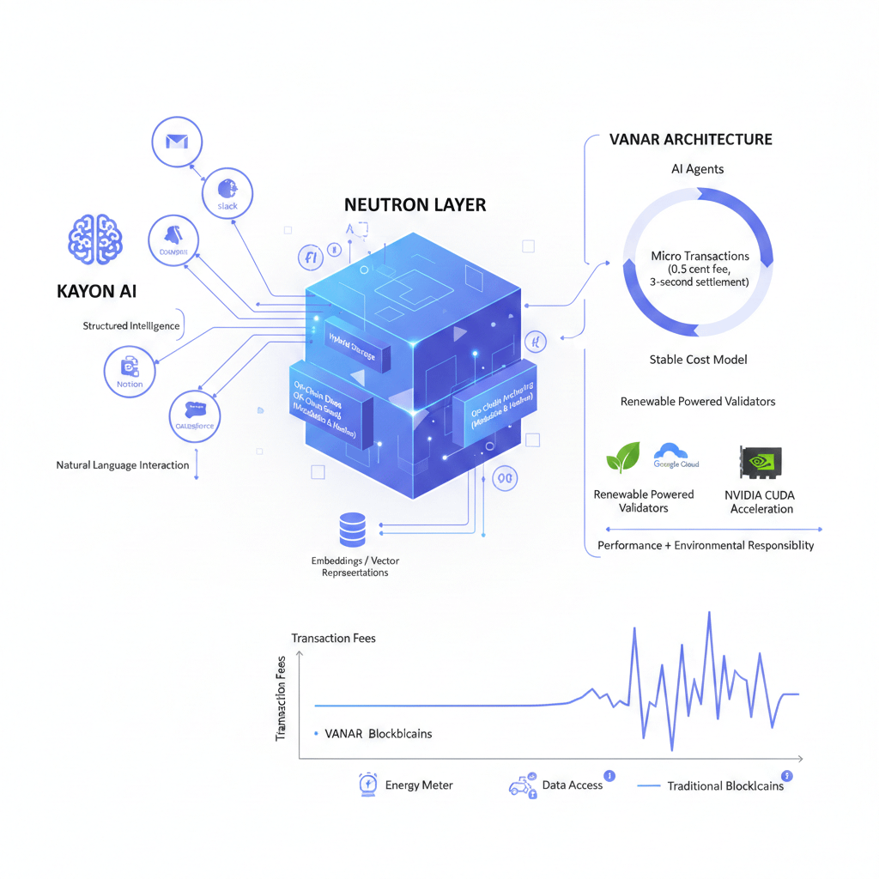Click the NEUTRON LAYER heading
point(415,205)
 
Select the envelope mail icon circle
point(176,141)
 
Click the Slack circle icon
point(227,193)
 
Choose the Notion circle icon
point(129,370)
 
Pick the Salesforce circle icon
point(196,415)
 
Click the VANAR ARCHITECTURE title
point(690,139)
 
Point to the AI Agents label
point(697,169)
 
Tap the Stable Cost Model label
point(698,360)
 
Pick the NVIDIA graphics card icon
point(761,462)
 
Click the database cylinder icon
point(353,530)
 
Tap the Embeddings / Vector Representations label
point(355,567)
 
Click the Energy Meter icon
point(367,785)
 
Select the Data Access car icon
point(522,785)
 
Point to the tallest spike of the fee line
point(709,612)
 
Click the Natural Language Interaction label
point(123,465)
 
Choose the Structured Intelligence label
point(131,326)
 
